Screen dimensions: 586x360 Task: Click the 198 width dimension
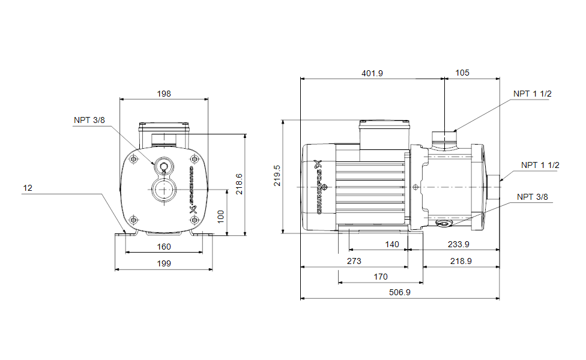(164, 94)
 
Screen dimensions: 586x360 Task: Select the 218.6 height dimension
(239, 184)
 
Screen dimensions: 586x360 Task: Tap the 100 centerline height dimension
(220, 217)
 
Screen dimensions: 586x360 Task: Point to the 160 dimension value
(164, 247)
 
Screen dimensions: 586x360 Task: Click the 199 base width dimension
(164, 263)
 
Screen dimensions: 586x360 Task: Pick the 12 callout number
(28, 188)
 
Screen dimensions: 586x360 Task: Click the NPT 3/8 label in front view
(89, 120)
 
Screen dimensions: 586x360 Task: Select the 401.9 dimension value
(372, 73)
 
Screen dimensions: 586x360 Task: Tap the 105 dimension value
(462, 73)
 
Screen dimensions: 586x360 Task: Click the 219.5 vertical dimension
(277, 176)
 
